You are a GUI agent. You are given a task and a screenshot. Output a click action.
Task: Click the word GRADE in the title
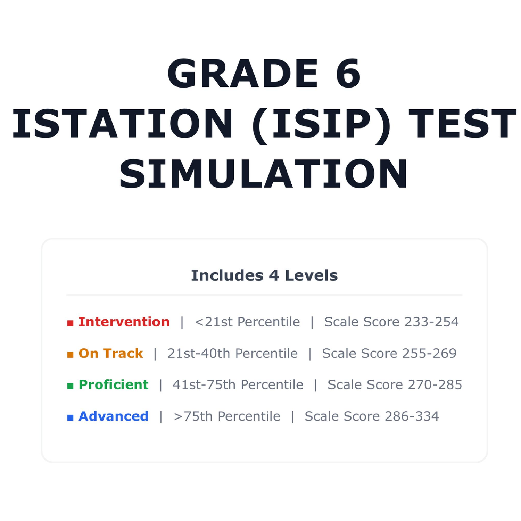coord(242,73)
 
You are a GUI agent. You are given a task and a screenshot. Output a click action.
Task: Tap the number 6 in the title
coord(348,73)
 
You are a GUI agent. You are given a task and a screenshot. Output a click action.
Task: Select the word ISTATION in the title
coord(122,124)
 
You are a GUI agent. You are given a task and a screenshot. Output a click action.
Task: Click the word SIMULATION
coord(264,174)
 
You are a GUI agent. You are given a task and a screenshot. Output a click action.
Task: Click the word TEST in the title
coord(463,124)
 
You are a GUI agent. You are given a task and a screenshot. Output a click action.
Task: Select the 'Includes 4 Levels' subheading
coord(264,275)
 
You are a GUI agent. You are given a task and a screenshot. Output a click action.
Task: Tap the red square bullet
coord(70,323)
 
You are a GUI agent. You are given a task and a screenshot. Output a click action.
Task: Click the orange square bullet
coord(70,355)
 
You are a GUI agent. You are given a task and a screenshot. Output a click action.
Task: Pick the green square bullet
coord(70,386)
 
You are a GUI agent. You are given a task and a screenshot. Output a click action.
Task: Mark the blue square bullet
coord(70,417)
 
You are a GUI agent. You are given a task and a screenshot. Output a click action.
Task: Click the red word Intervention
coord(124,322)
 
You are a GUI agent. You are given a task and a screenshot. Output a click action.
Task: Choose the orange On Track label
coord(111,353)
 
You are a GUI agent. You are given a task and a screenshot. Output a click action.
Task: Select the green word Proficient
coord(114,385)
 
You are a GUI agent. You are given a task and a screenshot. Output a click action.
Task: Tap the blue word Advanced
coord(114,416)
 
